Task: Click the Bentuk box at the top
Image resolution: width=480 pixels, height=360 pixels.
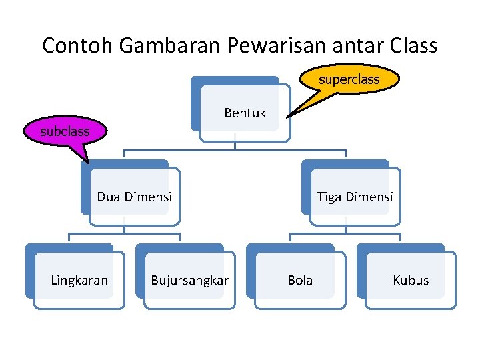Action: (x=245, y=113)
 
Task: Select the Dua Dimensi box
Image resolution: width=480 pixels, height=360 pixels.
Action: (x=134, y=197)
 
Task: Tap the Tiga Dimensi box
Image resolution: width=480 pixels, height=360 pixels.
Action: (x=355, y=197)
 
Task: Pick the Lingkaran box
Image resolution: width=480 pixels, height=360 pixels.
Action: (x=79, y=280)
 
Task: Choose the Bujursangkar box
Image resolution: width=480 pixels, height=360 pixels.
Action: (x=189, y=280)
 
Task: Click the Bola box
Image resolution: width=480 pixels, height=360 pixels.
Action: (x=300, y=280)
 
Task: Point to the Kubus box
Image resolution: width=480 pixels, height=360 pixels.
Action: (x=411, y=280)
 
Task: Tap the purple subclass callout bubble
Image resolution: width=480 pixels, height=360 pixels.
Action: (x=65, y=131)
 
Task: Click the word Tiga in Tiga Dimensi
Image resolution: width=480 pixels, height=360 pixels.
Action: (x=329, y=197)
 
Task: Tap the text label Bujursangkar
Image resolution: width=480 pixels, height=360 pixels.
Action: (x=189, y=280)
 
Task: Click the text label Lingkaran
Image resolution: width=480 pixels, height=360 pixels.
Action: (x=79, y=280)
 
